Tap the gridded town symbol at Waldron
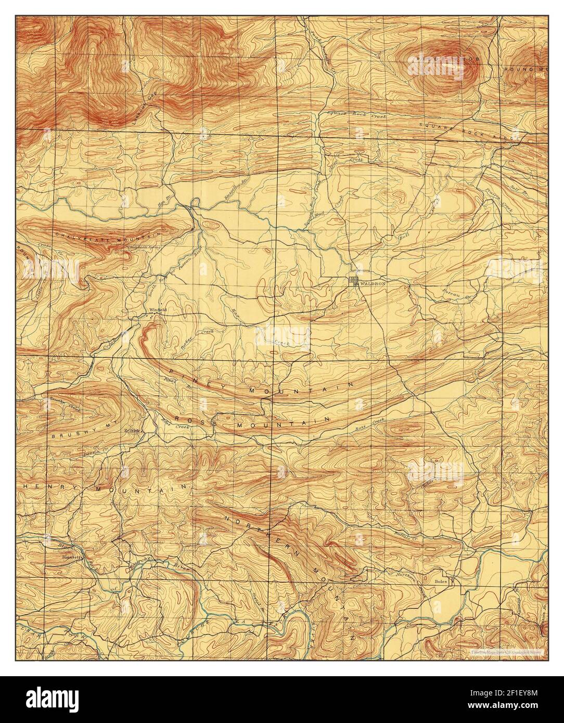pyautogui.click(x=355, y=282)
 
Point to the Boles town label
pyautogui.click(x=443, y=581)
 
